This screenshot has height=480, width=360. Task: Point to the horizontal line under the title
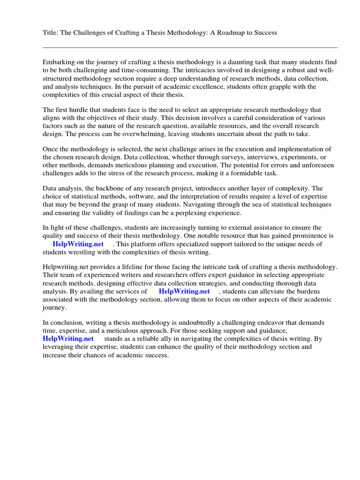190,47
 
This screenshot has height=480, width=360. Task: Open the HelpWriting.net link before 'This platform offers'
78,244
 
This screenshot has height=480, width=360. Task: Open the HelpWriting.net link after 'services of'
184,291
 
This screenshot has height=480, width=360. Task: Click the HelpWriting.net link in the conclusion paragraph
68,338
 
